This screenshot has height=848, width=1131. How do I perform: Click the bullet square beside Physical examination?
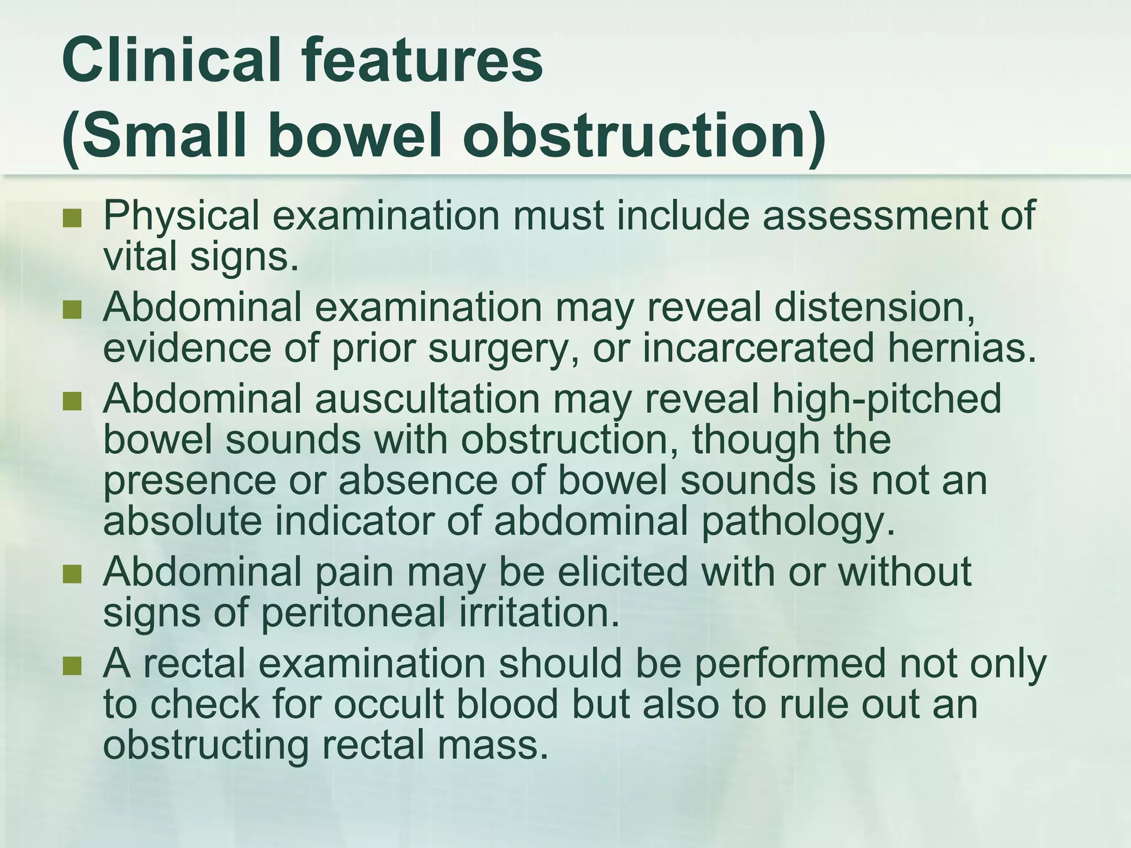(x=72, y=219)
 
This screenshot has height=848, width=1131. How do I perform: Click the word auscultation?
(x=427, y=399)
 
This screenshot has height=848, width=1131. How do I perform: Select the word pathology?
(x=797, y=522)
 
